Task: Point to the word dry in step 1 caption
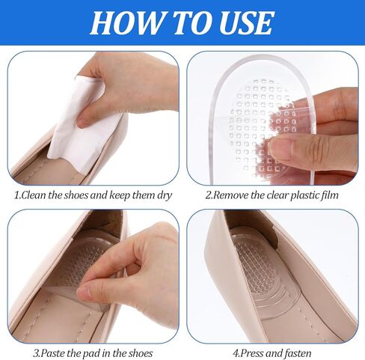165,195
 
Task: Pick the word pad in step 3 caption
92,353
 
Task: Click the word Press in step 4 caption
253,353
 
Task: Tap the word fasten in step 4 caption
298,353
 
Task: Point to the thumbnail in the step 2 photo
280,150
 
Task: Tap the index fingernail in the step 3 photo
85,291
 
